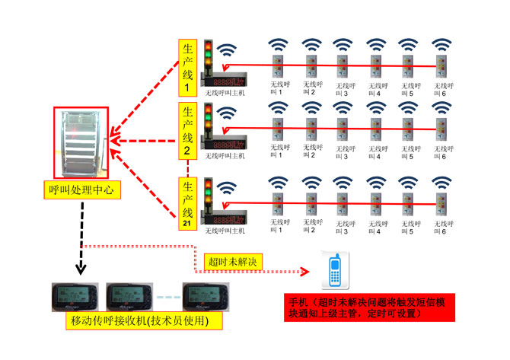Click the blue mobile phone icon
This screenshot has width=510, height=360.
point(333,269)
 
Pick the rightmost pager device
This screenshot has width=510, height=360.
point(203,294)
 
